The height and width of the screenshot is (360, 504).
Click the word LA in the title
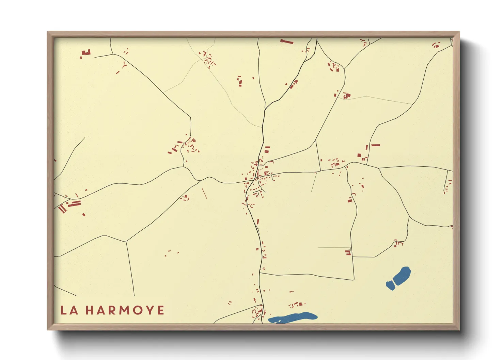pos(69,310)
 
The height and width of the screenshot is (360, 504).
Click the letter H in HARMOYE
pos(90,310)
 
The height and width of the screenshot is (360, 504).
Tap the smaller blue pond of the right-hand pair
pos(390,285)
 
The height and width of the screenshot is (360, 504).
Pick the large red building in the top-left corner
pos(86,53)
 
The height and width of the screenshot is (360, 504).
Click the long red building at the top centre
pos(287,42)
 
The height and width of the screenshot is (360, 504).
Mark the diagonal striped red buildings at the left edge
pos(62,209)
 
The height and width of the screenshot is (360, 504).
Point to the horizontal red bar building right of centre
pos(375,145)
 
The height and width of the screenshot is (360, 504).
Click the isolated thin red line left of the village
pos(204,193)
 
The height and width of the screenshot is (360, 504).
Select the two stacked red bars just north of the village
pos(267,149)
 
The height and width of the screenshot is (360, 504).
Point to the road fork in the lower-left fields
pos(126,241)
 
